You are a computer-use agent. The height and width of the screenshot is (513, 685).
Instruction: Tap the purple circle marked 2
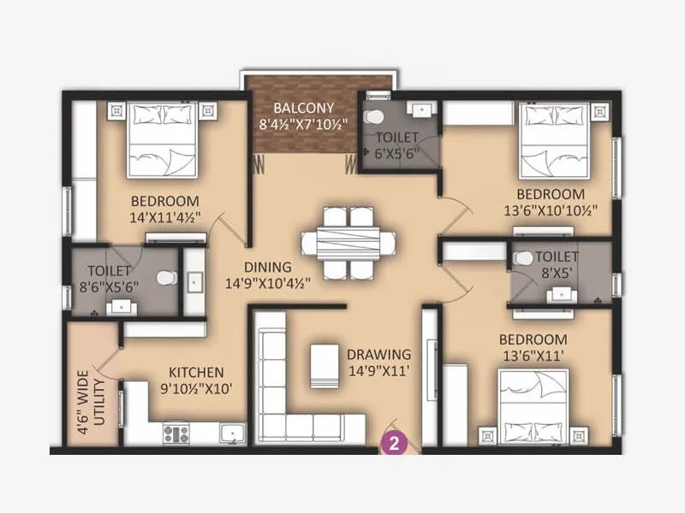point(393,443)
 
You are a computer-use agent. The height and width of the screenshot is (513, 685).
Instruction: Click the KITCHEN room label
point(196,373)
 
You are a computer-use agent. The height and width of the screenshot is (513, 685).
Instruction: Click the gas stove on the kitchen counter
point(176,433)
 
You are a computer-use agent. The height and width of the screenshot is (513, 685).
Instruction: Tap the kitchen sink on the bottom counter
point(231,433)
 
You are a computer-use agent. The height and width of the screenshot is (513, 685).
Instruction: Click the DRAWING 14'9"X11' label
point(378,362)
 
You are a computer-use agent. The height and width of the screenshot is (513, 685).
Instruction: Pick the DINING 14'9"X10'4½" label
point(267,274)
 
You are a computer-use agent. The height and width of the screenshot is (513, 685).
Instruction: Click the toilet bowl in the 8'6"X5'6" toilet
point(166,279)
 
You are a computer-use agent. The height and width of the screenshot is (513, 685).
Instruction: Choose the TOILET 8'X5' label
point(557,264)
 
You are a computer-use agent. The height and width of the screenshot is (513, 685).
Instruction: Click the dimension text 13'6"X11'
point(533,356)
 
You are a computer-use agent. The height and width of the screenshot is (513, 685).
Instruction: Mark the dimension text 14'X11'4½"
point(165,217)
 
